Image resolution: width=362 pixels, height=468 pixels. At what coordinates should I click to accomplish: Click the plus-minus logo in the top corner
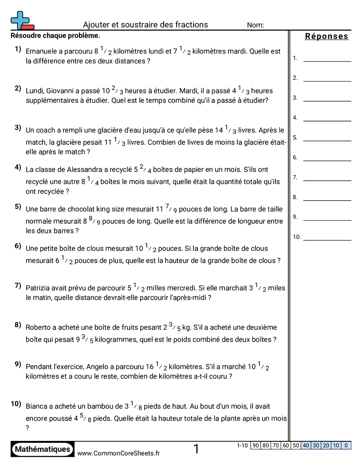(x=22, y=20)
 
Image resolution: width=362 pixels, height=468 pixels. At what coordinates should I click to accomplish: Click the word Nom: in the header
(x=255, y=25)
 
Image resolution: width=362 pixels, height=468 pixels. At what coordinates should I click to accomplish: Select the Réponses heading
(x=327, y=37)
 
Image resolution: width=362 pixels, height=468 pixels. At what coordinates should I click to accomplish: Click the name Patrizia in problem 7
(x=39, y=288)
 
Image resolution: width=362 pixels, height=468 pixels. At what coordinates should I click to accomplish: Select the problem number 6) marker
(x=18, y=246)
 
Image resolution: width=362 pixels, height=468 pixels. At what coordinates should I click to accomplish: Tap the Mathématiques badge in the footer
(x=43, y=449)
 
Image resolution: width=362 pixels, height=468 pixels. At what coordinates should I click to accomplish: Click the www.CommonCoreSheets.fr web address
(x=118, y=453)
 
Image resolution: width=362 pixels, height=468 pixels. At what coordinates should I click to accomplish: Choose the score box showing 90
(x=256, y=445)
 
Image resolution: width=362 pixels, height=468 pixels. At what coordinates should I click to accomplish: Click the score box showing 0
(x=346, y=445)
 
